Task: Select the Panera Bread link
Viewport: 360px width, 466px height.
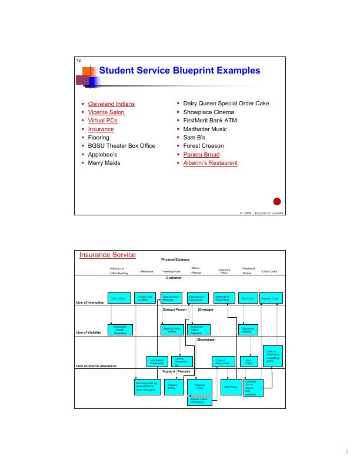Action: click(x=201, y=154)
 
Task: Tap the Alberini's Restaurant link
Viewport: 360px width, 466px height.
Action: click(x=211, y=162)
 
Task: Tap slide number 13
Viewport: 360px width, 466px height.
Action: click(x=78, y=62)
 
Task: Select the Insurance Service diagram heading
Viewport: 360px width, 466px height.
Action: click(x=108, y=255)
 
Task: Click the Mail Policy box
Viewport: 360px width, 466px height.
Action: click(x=230, y=387)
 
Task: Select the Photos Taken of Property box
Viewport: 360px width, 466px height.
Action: click(x=199, y=401)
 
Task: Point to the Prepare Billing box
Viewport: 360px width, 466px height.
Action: click(x=172, y=387)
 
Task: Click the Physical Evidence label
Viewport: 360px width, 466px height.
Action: click(x=176, y=259)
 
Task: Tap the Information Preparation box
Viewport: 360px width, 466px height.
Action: click(x=156, y=362)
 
